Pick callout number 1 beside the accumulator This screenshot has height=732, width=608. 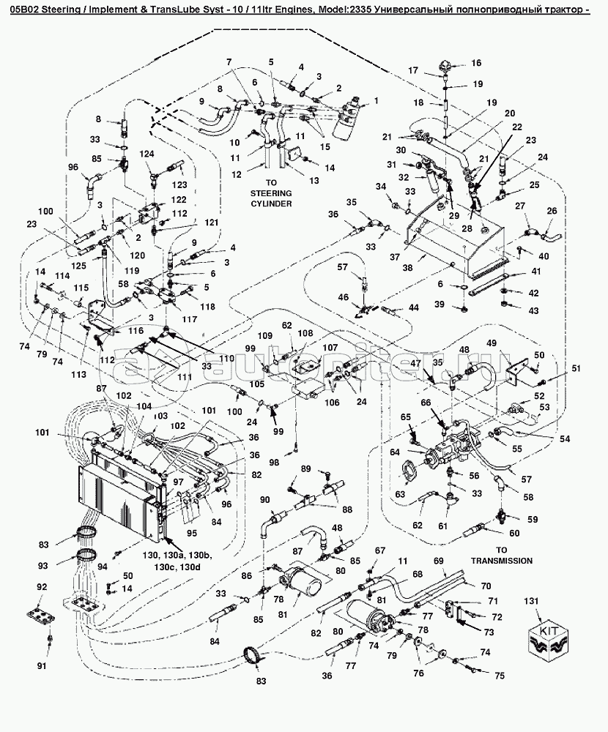376,100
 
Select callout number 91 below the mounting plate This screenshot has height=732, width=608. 41,665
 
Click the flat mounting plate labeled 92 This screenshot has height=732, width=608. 42,615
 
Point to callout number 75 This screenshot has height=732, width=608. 500,676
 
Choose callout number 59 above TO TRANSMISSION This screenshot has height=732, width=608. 533,520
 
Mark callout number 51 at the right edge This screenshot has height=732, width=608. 575,368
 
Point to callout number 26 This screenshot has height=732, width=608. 552,212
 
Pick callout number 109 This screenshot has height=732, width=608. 264,335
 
